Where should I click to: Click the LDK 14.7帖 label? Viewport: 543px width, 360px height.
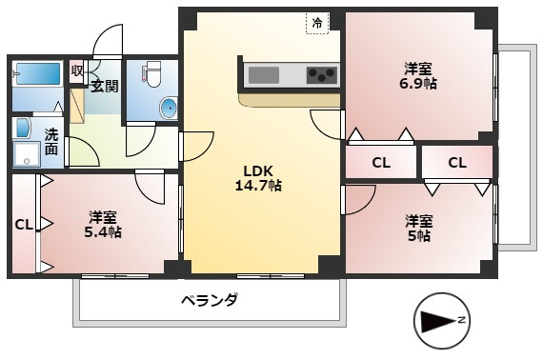coord(258,178)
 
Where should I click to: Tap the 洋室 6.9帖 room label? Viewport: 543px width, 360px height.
coord(418,76)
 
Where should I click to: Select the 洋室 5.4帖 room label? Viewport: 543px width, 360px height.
coord(103,225)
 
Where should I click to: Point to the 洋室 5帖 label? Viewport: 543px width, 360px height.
coord(419,229)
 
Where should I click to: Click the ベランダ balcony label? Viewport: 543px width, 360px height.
coord(210,300)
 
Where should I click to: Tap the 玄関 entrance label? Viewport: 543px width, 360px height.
coord(105,87)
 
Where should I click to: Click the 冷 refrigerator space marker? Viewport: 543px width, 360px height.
coord(317,23)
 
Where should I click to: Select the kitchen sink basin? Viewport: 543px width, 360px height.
coord(264,75)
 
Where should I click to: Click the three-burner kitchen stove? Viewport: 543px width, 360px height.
coord(321,75)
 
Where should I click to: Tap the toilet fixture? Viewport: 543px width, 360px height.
coord(151,73)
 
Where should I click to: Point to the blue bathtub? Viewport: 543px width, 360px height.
coord(38,73)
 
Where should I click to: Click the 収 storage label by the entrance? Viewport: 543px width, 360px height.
coord(76,71)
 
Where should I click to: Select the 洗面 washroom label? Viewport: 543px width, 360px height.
coord(51,142)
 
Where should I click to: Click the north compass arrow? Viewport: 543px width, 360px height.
coord(440,321)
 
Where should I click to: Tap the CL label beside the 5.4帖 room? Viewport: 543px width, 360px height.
coord(24,225)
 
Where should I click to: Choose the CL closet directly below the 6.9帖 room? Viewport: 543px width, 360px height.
coord(381,162)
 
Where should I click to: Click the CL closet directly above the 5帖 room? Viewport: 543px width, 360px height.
coord(457,162)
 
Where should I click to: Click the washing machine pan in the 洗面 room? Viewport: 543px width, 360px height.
coord(27,154)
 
